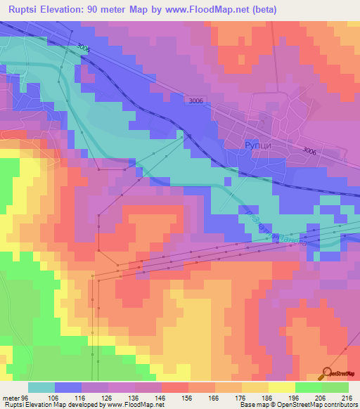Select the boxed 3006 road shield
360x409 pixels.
pos(196,101)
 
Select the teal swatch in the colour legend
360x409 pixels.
pos(41,387)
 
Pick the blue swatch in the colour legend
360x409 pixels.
pos(68,387)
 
